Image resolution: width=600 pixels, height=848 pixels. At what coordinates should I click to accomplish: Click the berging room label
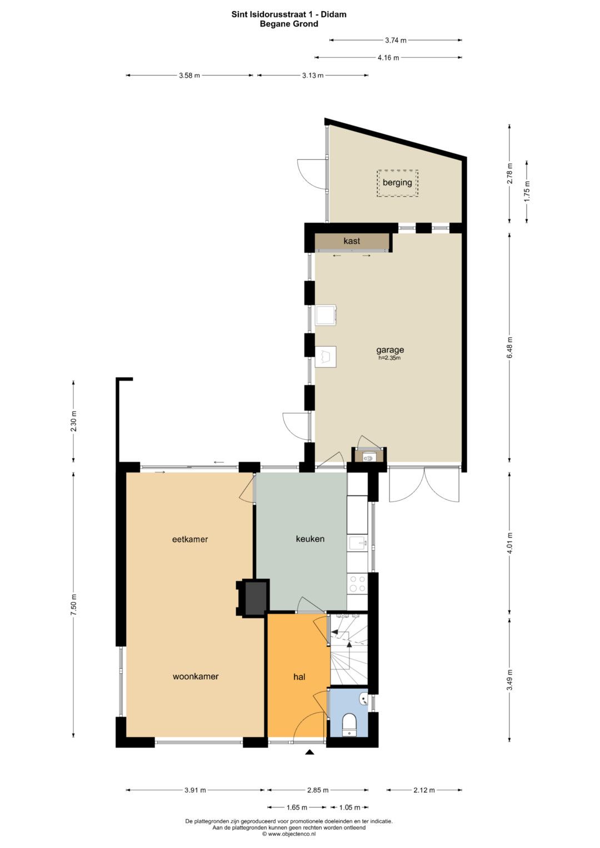pyautogui.click(x=397, y=183)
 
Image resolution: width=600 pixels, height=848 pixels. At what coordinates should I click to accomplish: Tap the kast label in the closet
pyautogui.click(x=352, y=241)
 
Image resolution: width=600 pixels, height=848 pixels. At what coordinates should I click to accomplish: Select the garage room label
pyautogui.click(x=390, y=350)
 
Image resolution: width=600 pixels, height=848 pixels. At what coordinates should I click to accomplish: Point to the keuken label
pyautogui.click(x=310, y=539)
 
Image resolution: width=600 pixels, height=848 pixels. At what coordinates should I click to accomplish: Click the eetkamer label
pyautogui.click(x=190, y=539)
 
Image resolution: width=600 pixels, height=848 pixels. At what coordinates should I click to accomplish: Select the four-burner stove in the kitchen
pyautogui.click(x=357, y=583)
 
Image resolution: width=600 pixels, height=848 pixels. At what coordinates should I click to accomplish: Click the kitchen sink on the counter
pyautogui.click(x=357, y=544)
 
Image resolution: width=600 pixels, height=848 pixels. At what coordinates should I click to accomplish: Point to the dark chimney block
pyautogui.click(x=255, y=599)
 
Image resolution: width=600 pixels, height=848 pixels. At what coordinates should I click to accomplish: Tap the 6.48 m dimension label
pyautogui.click(x=510, y=348)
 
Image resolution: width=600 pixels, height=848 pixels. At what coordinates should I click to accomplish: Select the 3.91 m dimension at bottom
pyautogui.click(x=194, y=790)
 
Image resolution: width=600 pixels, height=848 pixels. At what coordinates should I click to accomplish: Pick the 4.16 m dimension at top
pyautogui.click(x=388, y=58)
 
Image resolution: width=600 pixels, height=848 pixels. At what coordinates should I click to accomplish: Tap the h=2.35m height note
pyautogui.click(x=389, y=358)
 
